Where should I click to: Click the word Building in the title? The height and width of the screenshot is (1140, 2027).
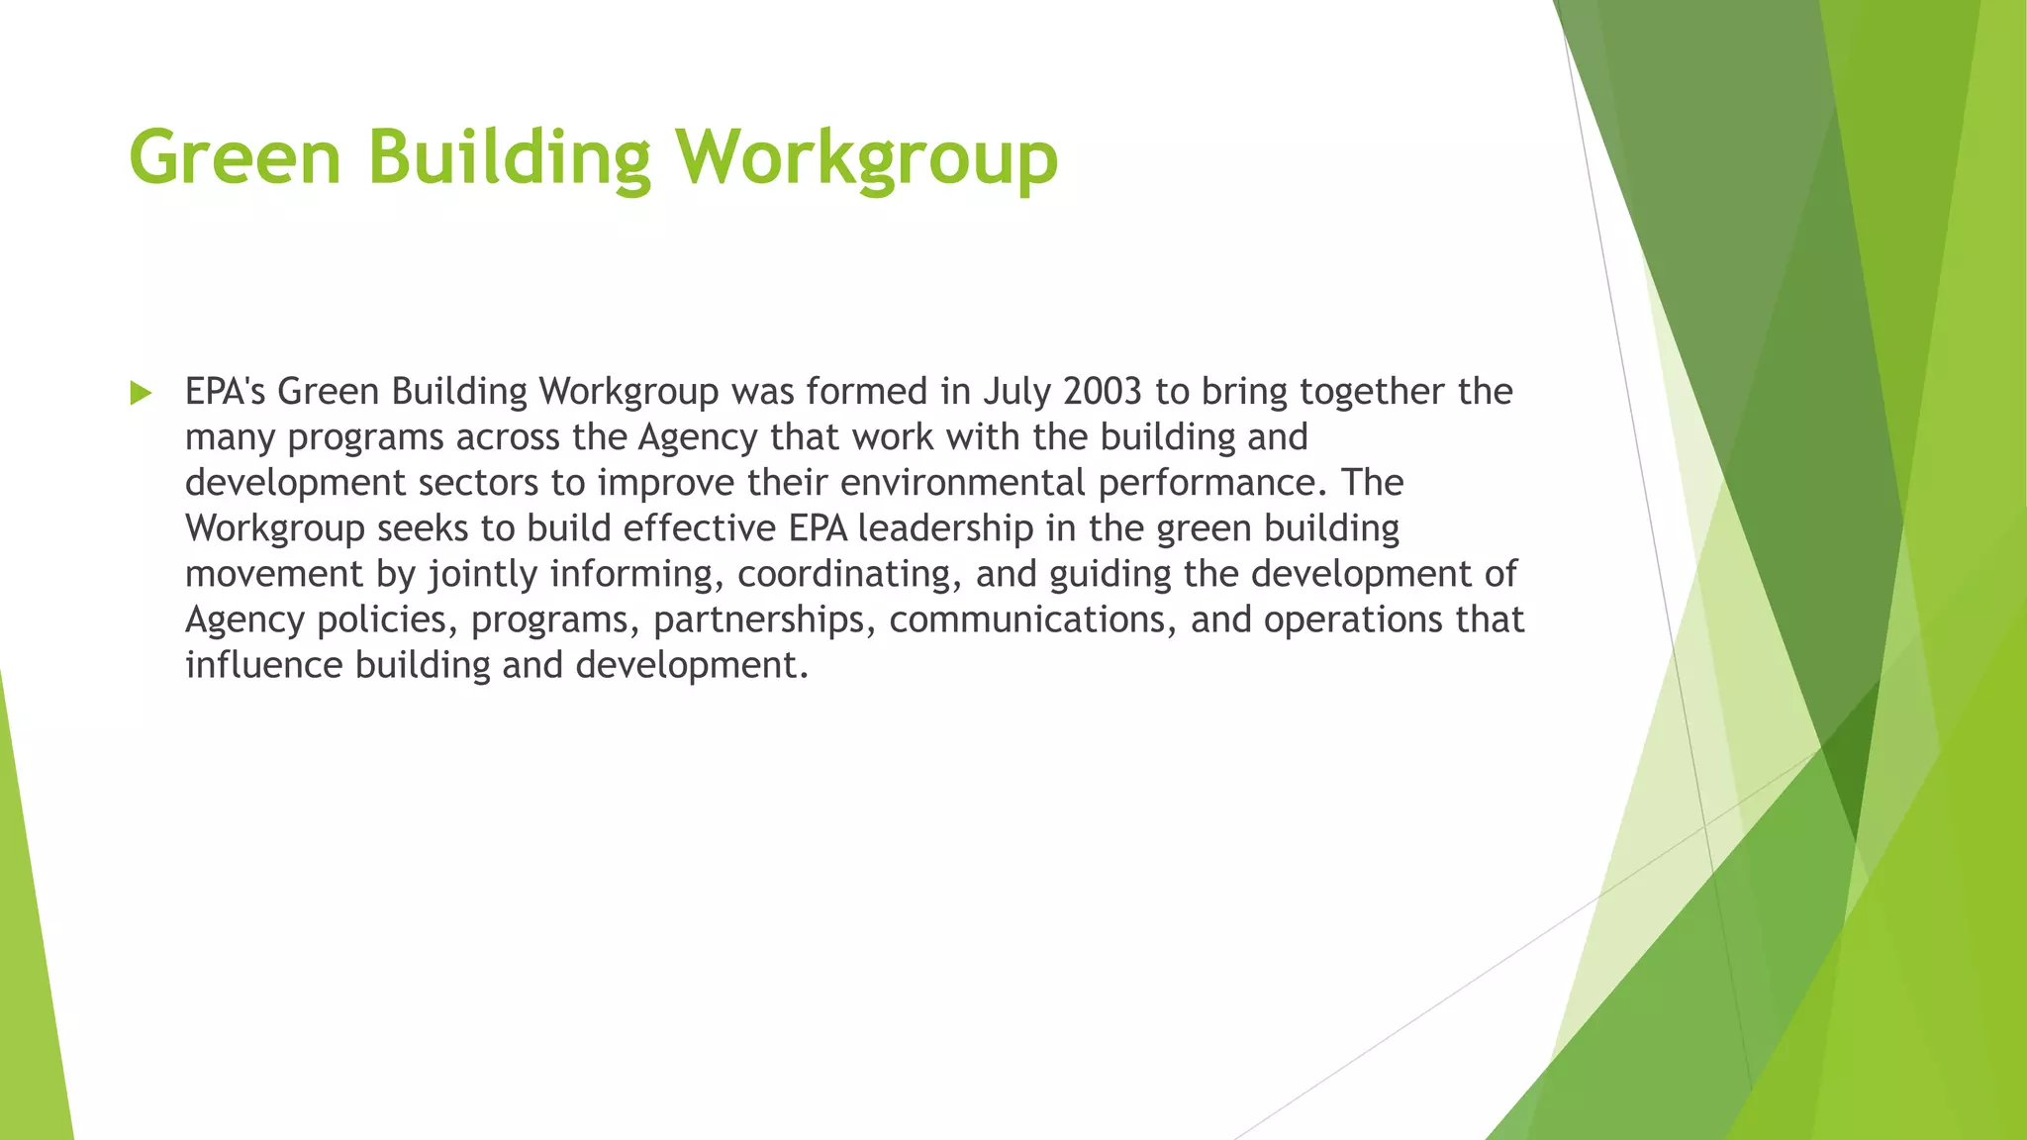pyautogui.click(x=510, y=157)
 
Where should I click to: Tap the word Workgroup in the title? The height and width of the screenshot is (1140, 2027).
pyautogui.click(x=867, y=157)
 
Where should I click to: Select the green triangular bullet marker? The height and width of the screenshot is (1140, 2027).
pyautogui.click(x=141, y=393)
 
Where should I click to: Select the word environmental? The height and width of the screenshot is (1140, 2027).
pyautogui.click(x=963, y=483)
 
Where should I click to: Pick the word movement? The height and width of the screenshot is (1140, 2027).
pyautogui.click(x=274, y=574)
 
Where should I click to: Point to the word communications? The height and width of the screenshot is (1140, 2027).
pyautogui.click(x=1032, y=619)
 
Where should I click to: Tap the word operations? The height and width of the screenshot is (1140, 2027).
pyautogui.click(x=1353, y=619)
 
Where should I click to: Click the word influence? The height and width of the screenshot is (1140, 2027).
pyautogui.click(x=264, y=665)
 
